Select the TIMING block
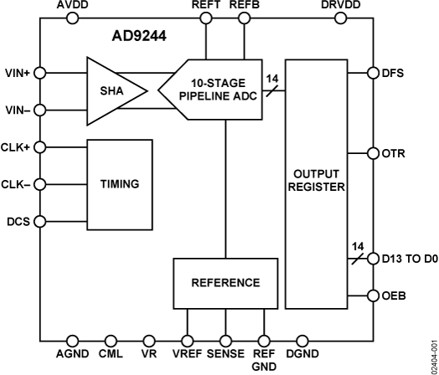point(120,184)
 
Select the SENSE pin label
point(225,354)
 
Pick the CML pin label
point(111,354)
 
